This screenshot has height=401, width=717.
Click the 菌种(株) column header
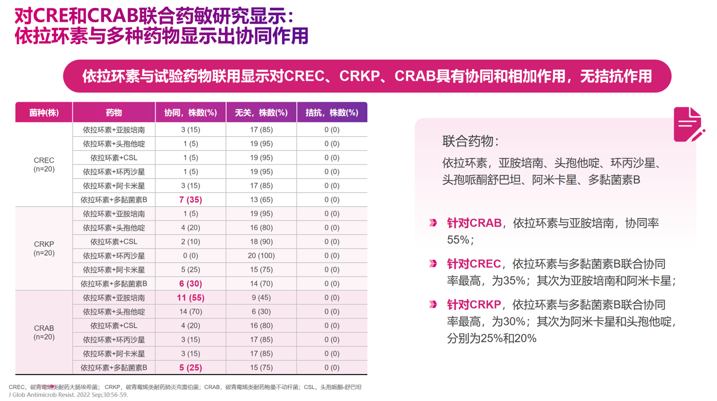44,112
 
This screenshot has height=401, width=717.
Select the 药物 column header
114,112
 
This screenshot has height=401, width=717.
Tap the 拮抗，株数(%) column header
332,112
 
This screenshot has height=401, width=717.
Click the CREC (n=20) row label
44,164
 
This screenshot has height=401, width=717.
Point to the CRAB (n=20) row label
44,332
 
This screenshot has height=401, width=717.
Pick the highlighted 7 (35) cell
190,200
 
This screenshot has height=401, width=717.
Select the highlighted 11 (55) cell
190,298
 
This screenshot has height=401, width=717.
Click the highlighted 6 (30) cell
190,284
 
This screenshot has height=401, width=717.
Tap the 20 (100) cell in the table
261,256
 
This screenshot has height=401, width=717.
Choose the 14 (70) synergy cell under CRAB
190,312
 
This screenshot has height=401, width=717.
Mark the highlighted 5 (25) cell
190,368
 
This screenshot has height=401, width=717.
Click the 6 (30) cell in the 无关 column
261,312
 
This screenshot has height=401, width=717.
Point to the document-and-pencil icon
689,124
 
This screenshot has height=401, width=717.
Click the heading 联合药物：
471,142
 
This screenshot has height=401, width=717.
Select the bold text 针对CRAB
474,223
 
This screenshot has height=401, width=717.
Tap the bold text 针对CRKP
474,305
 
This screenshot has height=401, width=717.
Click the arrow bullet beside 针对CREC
433,264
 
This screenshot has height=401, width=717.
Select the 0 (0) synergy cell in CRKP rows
190,256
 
